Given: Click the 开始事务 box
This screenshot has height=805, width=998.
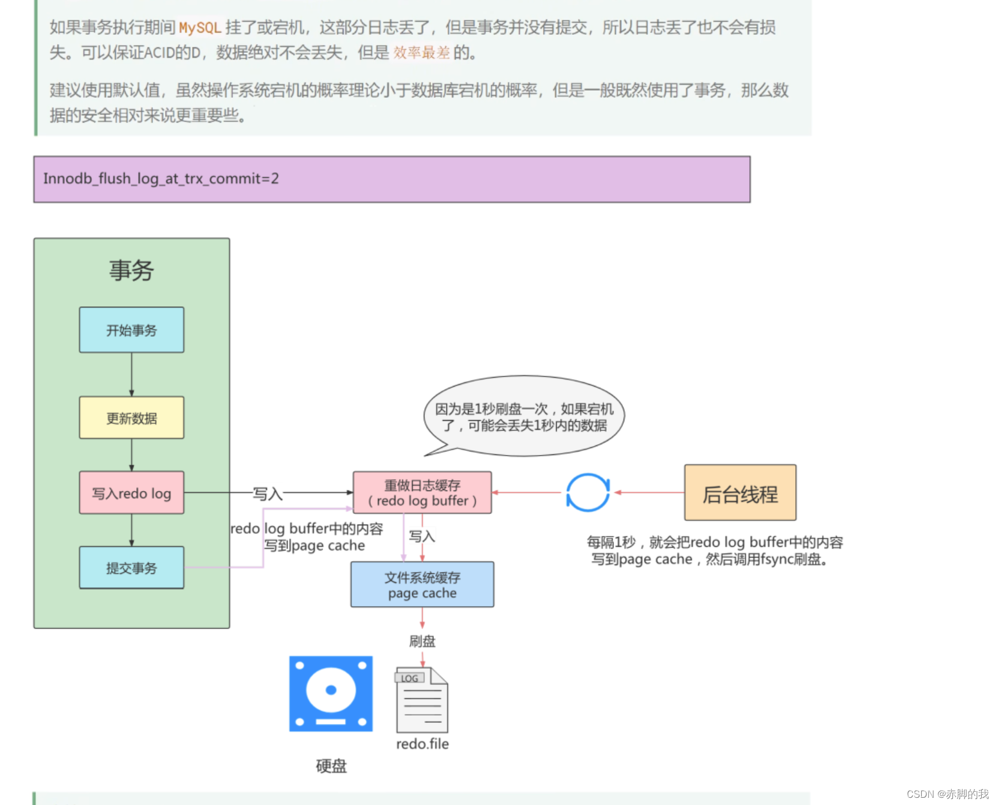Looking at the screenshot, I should [131, 330].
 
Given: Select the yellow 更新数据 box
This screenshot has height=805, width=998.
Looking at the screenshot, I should [131, 418].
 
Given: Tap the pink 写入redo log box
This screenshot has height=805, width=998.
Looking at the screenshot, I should [131, 493].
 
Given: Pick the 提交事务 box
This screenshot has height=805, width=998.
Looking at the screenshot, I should [131, 568].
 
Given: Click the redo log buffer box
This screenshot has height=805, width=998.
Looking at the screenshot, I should [422, 493].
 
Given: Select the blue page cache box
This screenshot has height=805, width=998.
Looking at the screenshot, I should [422, 585].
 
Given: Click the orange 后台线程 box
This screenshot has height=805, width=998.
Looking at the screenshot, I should [740, 493].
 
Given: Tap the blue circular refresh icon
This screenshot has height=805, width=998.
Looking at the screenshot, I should [588, 493].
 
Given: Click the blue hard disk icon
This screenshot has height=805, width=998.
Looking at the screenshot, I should [331, 693].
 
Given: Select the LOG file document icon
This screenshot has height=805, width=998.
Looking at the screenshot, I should [422, 700].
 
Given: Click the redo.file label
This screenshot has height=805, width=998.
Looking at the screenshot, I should [422, 744].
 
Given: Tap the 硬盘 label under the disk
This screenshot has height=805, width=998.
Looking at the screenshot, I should [331, 766].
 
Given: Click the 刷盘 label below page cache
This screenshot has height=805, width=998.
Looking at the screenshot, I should [422, 641].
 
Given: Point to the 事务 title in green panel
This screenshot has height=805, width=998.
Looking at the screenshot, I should [131, 271].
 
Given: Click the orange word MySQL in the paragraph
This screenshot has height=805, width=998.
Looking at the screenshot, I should [200, 28].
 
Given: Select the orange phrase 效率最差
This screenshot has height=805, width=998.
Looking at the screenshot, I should [421, 53].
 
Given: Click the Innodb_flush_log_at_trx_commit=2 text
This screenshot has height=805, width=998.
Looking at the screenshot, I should [161, 178].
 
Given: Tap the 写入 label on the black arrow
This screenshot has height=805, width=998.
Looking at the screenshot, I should [268, 493].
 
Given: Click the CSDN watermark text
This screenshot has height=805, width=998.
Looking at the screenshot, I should [947, 794].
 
